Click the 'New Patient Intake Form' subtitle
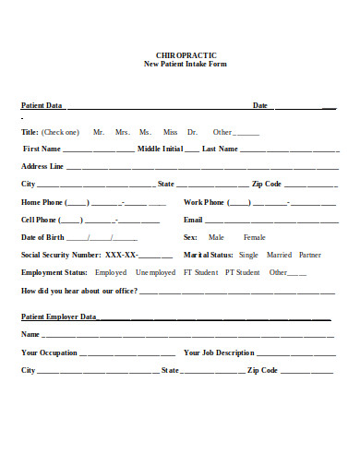click(x=186, y=64)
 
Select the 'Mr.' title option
click(x=99, y=132)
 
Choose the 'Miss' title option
click(x=170, y=132)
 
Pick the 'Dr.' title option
click(x=192, y=132)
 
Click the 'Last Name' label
click(x=220, y=149)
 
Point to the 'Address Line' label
click(x=42, y=166)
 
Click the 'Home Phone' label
click(x=42, y=202)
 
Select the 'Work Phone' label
click(x=204, y=202)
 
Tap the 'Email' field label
click(x=193, y=220)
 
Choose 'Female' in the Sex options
click(x=254, y=237)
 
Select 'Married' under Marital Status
click(x=279, y=255)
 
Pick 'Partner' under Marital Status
click(x=310, y=255)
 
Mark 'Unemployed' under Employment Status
click(x=155, y=272)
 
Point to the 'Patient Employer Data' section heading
click(x=59, y=317)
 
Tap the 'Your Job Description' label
click(x=219, y=352)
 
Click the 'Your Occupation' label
click(x=50, y=352)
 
